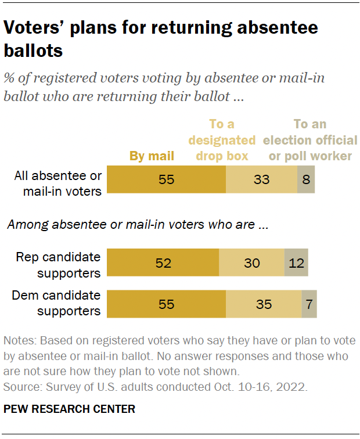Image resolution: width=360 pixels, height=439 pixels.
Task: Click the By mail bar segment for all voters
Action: point(167,180)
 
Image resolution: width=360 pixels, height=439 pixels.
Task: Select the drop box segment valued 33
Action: point(261,180)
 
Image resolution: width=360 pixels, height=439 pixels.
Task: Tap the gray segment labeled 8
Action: point(306,180)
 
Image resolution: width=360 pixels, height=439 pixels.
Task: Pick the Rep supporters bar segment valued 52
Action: point(164,263)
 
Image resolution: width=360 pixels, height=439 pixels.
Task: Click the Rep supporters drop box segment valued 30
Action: point(251,263)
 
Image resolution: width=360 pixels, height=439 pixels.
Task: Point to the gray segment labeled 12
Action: point(296,263)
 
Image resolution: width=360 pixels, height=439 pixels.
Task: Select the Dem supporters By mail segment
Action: point(167,304)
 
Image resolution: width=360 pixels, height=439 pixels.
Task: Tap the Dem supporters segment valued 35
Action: point(264,304)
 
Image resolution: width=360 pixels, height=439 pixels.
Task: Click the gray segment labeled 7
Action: point(309,304)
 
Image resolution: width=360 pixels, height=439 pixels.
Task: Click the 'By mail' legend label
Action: point(151,156)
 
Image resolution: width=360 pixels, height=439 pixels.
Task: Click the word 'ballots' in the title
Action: point(33,51)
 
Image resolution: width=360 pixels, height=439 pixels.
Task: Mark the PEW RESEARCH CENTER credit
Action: point(69,409)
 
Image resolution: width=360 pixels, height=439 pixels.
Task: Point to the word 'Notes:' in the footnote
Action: point(19,340)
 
